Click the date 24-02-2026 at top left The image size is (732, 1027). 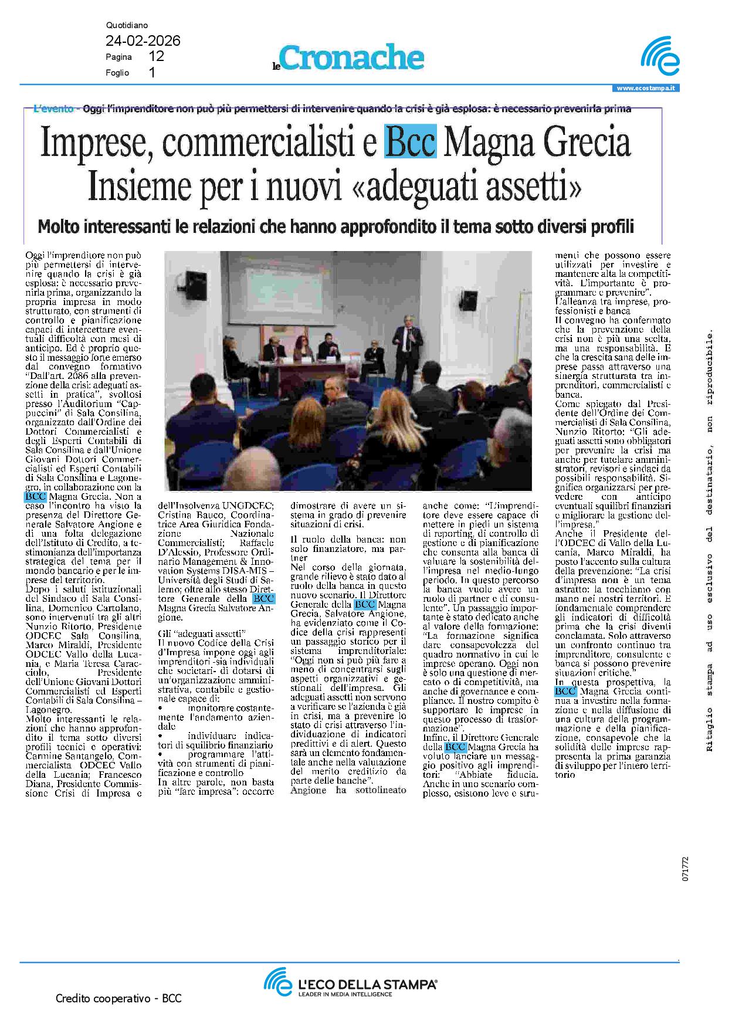click(143, 41)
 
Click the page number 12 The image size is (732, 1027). click(157, 57)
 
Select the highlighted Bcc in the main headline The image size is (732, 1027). click(410, 143)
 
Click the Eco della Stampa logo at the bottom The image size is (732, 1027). click(350, 981)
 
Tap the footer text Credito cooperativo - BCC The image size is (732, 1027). click(118, 998)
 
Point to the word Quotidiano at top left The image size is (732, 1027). click(127, 26)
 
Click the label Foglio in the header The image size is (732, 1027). click(117, 73)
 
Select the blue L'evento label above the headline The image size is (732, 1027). click(54, 109)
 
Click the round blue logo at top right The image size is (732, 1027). click(660, 57)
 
